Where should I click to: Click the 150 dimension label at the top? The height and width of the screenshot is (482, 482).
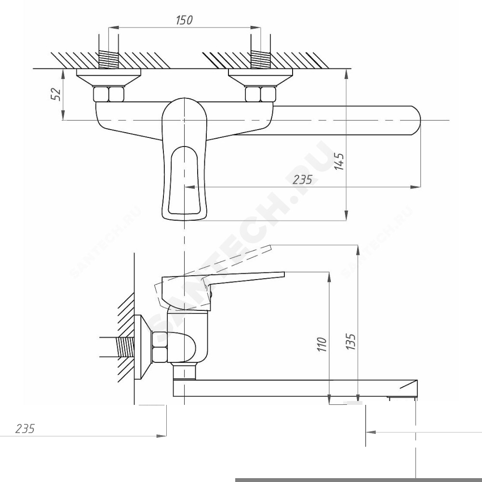point(184,20)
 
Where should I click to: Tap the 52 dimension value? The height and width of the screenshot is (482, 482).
point(55,94)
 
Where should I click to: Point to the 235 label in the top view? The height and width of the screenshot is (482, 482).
point(302,179)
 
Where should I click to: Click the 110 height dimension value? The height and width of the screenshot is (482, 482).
point(321,344)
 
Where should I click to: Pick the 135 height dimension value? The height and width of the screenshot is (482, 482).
point(350,341)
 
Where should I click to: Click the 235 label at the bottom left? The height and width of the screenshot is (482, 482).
point(25,428)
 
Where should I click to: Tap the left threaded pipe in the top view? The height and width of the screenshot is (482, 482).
point(108,60)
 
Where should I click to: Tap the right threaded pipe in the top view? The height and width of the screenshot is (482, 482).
point(261,60)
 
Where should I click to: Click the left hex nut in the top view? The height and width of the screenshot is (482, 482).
point(108,94)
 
